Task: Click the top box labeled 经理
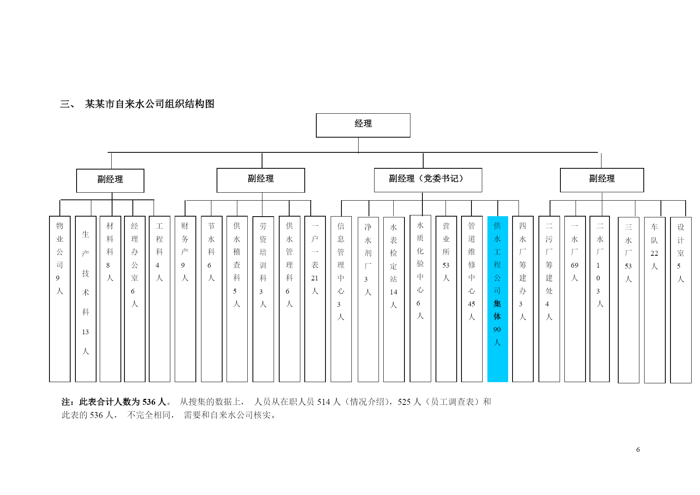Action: point(363,125)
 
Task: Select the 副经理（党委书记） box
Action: point(428,180)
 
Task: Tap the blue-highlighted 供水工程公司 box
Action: point(498,299)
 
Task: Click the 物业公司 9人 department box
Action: point(60,299)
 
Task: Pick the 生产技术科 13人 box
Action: point(86,299)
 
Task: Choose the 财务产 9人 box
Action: point(185,299)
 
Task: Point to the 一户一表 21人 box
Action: point(315,299)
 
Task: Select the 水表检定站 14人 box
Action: point(394,299)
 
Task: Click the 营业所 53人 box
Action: point(446,299)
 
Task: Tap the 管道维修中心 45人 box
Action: point(472,299)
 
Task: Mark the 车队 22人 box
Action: point(655,300)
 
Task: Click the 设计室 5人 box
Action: point(681,300)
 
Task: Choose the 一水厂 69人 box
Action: point(575,299)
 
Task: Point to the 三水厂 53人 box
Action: point(629,300)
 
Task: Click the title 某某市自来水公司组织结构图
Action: point(150,104)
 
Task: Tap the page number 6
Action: point(638,450)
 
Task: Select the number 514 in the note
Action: point(324,402)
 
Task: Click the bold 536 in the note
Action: point(149,402)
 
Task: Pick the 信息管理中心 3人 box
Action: point(341,299)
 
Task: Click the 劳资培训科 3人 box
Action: point(263,299)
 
